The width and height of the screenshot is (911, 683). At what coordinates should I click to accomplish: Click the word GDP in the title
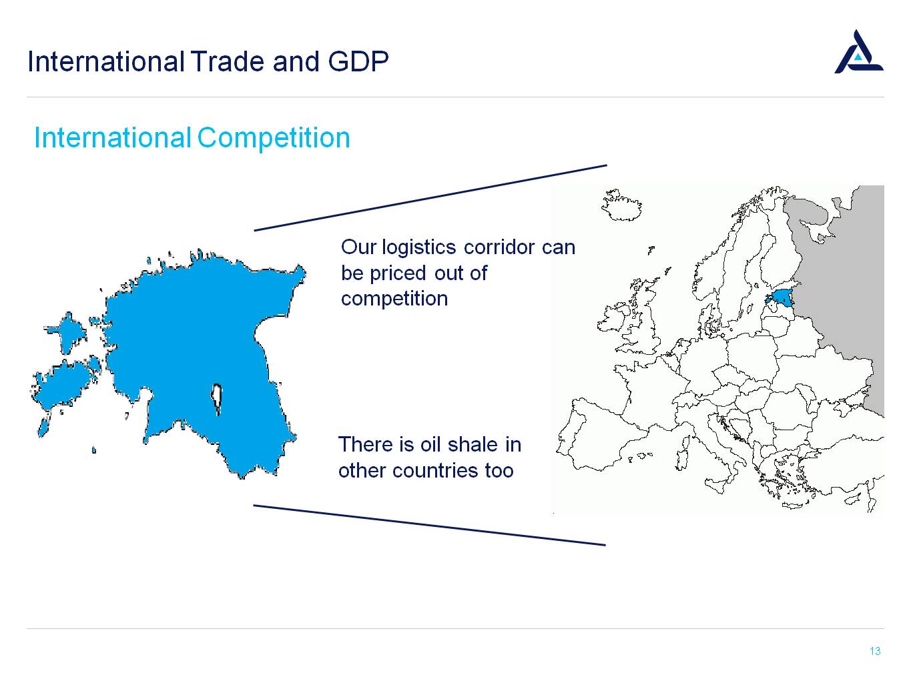click(358, 61)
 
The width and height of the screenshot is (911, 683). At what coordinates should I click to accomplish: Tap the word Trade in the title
click(228, 61)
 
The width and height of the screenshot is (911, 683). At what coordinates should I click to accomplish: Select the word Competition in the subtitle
click(274, 138)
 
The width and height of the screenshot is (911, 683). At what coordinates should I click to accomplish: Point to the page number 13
click(875, 651)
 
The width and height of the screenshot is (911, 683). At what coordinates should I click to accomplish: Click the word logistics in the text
click(418, 247)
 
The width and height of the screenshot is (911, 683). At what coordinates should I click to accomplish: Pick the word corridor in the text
click(499, 247)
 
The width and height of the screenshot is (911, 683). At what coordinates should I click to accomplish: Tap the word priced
click(398, 273)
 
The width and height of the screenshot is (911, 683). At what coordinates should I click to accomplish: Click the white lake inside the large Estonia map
click(216, 398)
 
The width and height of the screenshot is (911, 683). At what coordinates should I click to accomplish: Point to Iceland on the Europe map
click(621, 206)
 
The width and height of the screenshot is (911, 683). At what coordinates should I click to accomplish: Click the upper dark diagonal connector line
click(430, 198)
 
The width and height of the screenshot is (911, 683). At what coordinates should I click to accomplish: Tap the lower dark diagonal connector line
click(430, 525)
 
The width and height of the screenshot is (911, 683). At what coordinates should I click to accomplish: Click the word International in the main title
click(106, 61)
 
